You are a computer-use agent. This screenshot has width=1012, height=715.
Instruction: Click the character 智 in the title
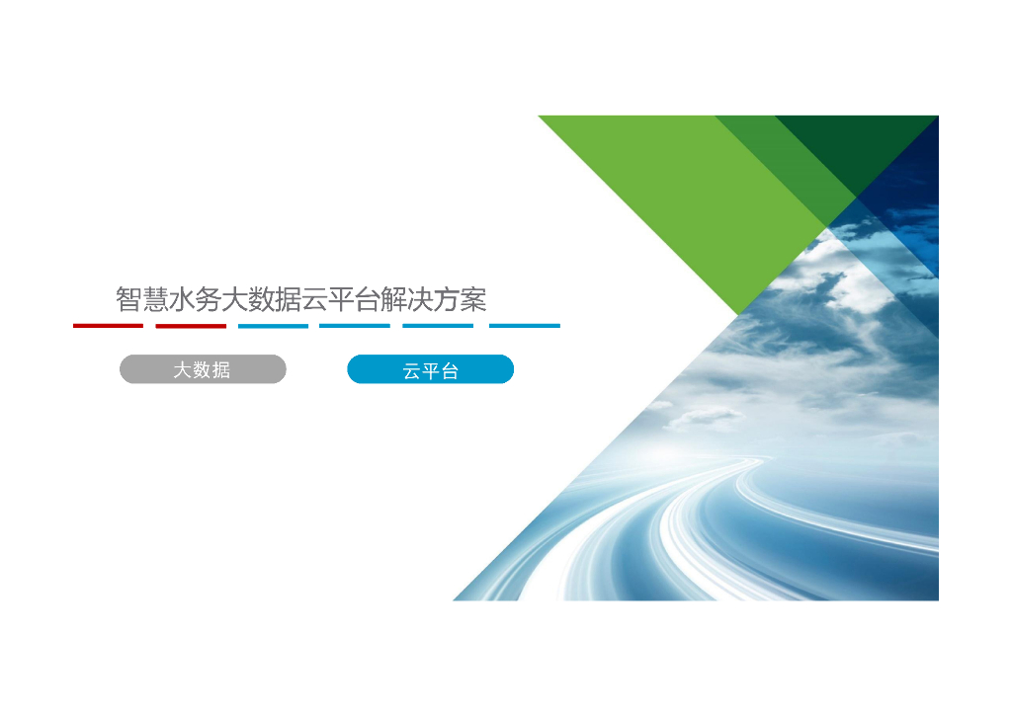[129, 299]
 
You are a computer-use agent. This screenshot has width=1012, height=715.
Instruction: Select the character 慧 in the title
[156, 299]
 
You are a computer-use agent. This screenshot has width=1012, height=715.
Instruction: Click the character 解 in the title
[394, 299]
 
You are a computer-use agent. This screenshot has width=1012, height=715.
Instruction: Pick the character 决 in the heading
[422, 299]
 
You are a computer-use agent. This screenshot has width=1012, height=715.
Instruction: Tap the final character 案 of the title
[474, 299]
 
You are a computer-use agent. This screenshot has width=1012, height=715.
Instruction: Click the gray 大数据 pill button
[203, 369]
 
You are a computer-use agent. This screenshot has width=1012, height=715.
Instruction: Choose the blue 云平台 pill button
[430, 370]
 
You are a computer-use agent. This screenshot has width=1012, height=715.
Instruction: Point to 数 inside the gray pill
[202, 369]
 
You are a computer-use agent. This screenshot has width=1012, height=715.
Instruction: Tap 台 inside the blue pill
[450, 371]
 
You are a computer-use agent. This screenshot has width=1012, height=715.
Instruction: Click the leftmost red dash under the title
[108, 325]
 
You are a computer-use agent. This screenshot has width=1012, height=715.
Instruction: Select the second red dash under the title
[191, 325]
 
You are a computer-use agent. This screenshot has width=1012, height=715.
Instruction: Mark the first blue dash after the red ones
[273, 325]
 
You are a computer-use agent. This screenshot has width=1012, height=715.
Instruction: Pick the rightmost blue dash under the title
[525, 325]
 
